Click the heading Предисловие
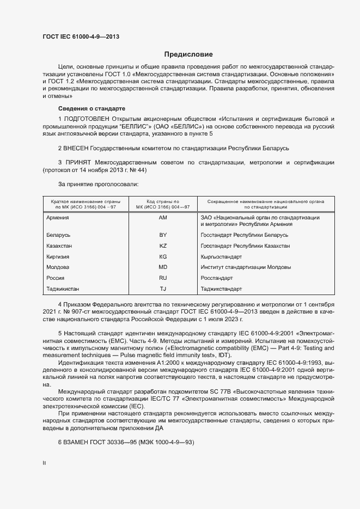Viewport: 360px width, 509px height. tap(188, 54)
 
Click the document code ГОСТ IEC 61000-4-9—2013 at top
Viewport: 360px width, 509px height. tap(81, 36)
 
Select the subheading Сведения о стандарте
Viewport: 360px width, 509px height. tap(91, 108)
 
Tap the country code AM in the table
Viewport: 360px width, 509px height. tap(163, 218)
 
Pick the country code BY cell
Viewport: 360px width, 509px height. tap(163, 235)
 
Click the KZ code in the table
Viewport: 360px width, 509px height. tap(163, 246)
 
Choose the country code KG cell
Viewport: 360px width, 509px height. tap(163, 256)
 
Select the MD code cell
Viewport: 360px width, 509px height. tap(163, 267)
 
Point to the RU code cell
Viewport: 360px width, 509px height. tap(163, 278)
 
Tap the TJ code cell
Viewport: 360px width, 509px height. tap(163, 289)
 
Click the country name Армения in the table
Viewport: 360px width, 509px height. tap(58, 218)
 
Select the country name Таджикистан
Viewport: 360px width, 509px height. tap(64, 289)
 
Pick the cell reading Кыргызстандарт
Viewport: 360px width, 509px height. tap(221, 256)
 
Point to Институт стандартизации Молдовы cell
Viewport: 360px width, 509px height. tap(246, 267)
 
